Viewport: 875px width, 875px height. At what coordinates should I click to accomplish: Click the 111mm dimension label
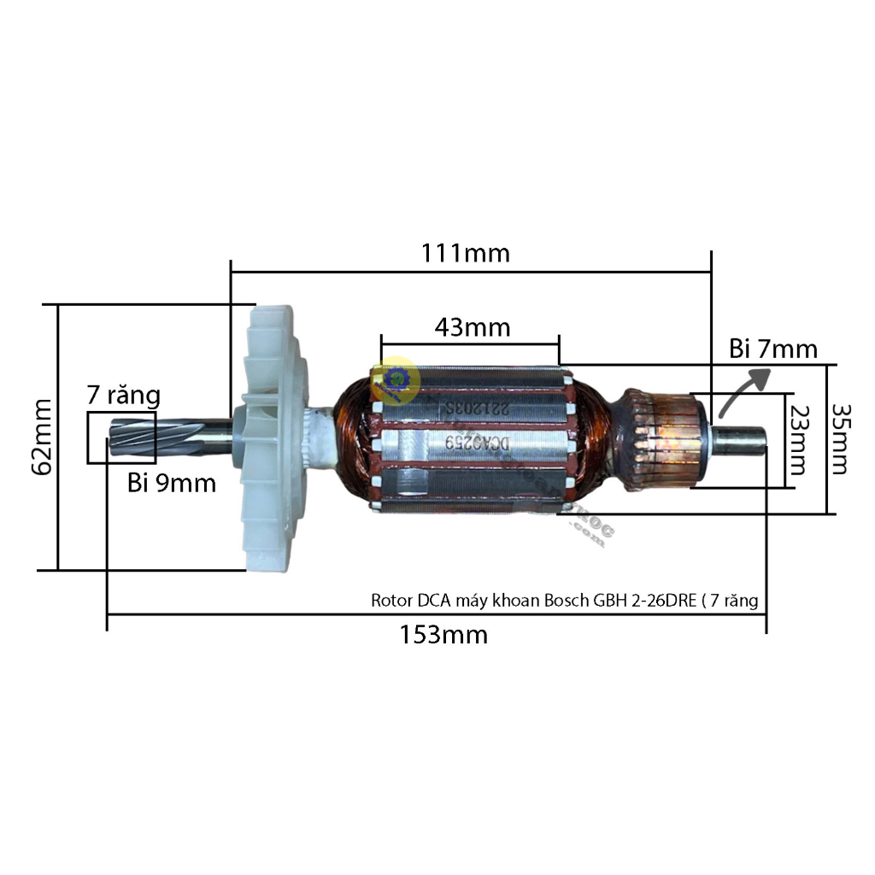pos(467,253)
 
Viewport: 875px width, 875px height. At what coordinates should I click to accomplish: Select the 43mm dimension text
pos(472,327)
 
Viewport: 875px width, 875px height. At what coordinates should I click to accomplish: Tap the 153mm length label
pos(445,635)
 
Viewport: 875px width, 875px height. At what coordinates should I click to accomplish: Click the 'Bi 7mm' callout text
pos(772,349)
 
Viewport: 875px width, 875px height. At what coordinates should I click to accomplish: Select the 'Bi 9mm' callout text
pos(172,483)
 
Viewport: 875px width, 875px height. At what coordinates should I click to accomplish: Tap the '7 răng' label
pos(123,396)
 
